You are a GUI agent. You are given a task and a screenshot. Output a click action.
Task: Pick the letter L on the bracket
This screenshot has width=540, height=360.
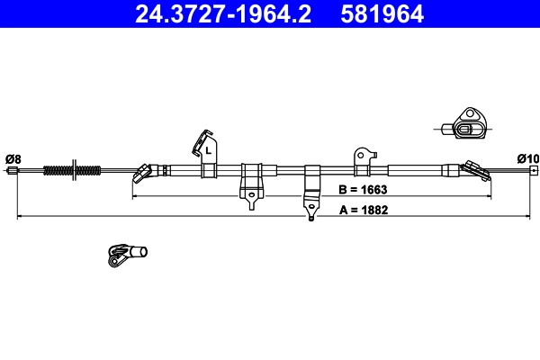click(x=208, y=151)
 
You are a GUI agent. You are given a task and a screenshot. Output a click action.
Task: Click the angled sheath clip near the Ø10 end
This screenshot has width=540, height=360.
click(x=471, y=168)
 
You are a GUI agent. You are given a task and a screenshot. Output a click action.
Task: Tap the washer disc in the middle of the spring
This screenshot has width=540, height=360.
click(x=76, y=169)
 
